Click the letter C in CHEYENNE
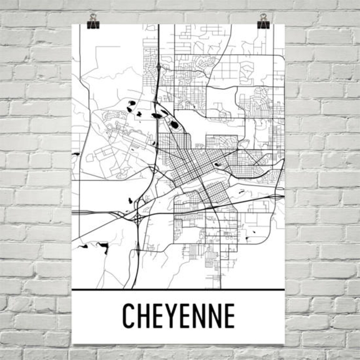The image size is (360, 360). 129,315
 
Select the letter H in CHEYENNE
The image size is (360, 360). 143,315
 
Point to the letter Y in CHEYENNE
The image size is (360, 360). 171,315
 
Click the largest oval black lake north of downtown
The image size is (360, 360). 174,125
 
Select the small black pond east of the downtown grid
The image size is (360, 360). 217,164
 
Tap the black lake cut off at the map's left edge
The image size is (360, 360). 75,154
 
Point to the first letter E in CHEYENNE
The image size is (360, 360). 157,315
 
